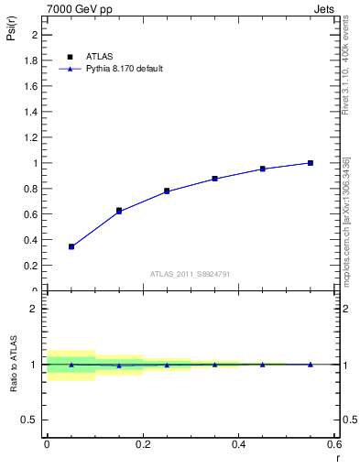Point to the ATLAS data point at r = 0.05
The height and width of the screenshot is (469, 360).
coord(71,246)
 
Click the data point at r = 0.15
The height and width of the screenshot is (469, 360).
coord(119,211)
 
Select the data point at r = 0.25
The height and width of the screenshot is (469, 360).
coord(167,191)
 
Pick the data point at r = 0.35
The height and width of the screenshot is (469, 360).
coord(214,179)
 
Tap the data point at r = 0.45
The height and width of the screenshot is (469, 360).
coord(262,169)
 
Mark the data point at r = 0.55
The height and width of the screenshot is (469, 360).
coord(311,163)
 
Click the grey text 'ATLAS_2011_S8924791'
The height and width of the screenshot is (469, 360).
coord(191,274)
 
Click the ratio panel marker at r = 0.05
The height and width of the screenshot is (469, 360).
coord(71,365)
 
